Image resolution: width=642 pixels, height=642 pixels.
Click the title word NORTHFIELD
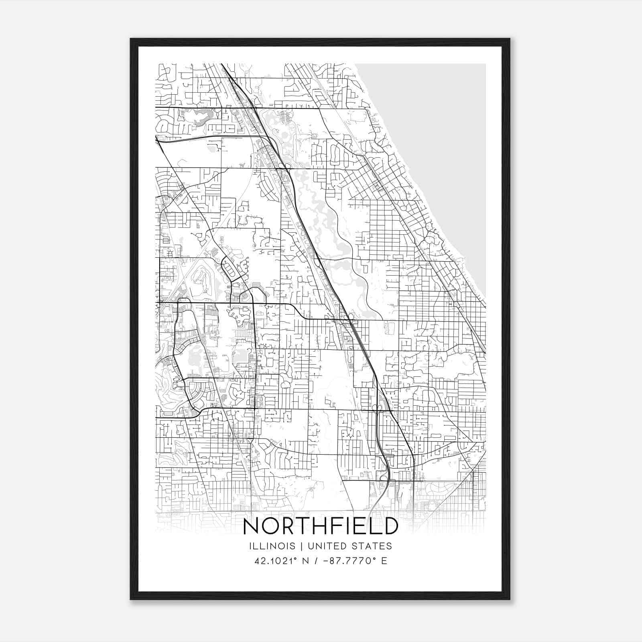point(321,526)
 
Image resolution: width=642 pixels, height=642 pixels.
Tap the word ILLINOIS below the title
point(272,546)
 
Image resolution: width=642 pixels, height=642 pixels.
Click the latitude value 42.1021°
point(277,561)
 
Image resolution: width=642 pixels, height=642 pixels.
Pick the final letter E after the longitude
point(384,561)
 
